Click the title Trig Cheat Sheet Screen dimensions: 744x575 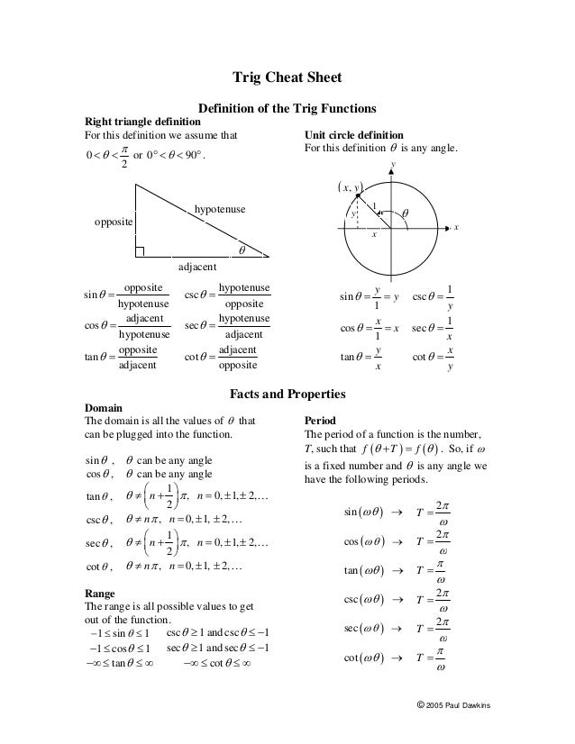tap(287, 77)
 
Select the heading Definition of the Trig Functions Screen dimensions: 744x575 tap(287, 108)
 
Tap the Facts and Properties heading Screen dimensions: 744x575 tap(287, 394)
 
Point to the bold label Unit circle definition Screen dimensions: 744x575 tap(353, 134)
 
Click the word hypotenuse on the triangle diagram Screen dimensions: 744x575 tap(220, 209)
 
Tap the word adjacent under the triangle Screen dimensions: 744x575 tap(197, 268)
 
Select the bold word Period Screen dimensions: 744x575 tap(321, 420)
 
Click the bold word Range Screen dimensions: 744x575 tap(100, 594)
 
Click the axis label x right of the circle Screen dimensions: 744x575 tap(457, 228)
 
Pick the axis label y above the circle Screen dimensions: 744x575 tap(393, 163)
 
